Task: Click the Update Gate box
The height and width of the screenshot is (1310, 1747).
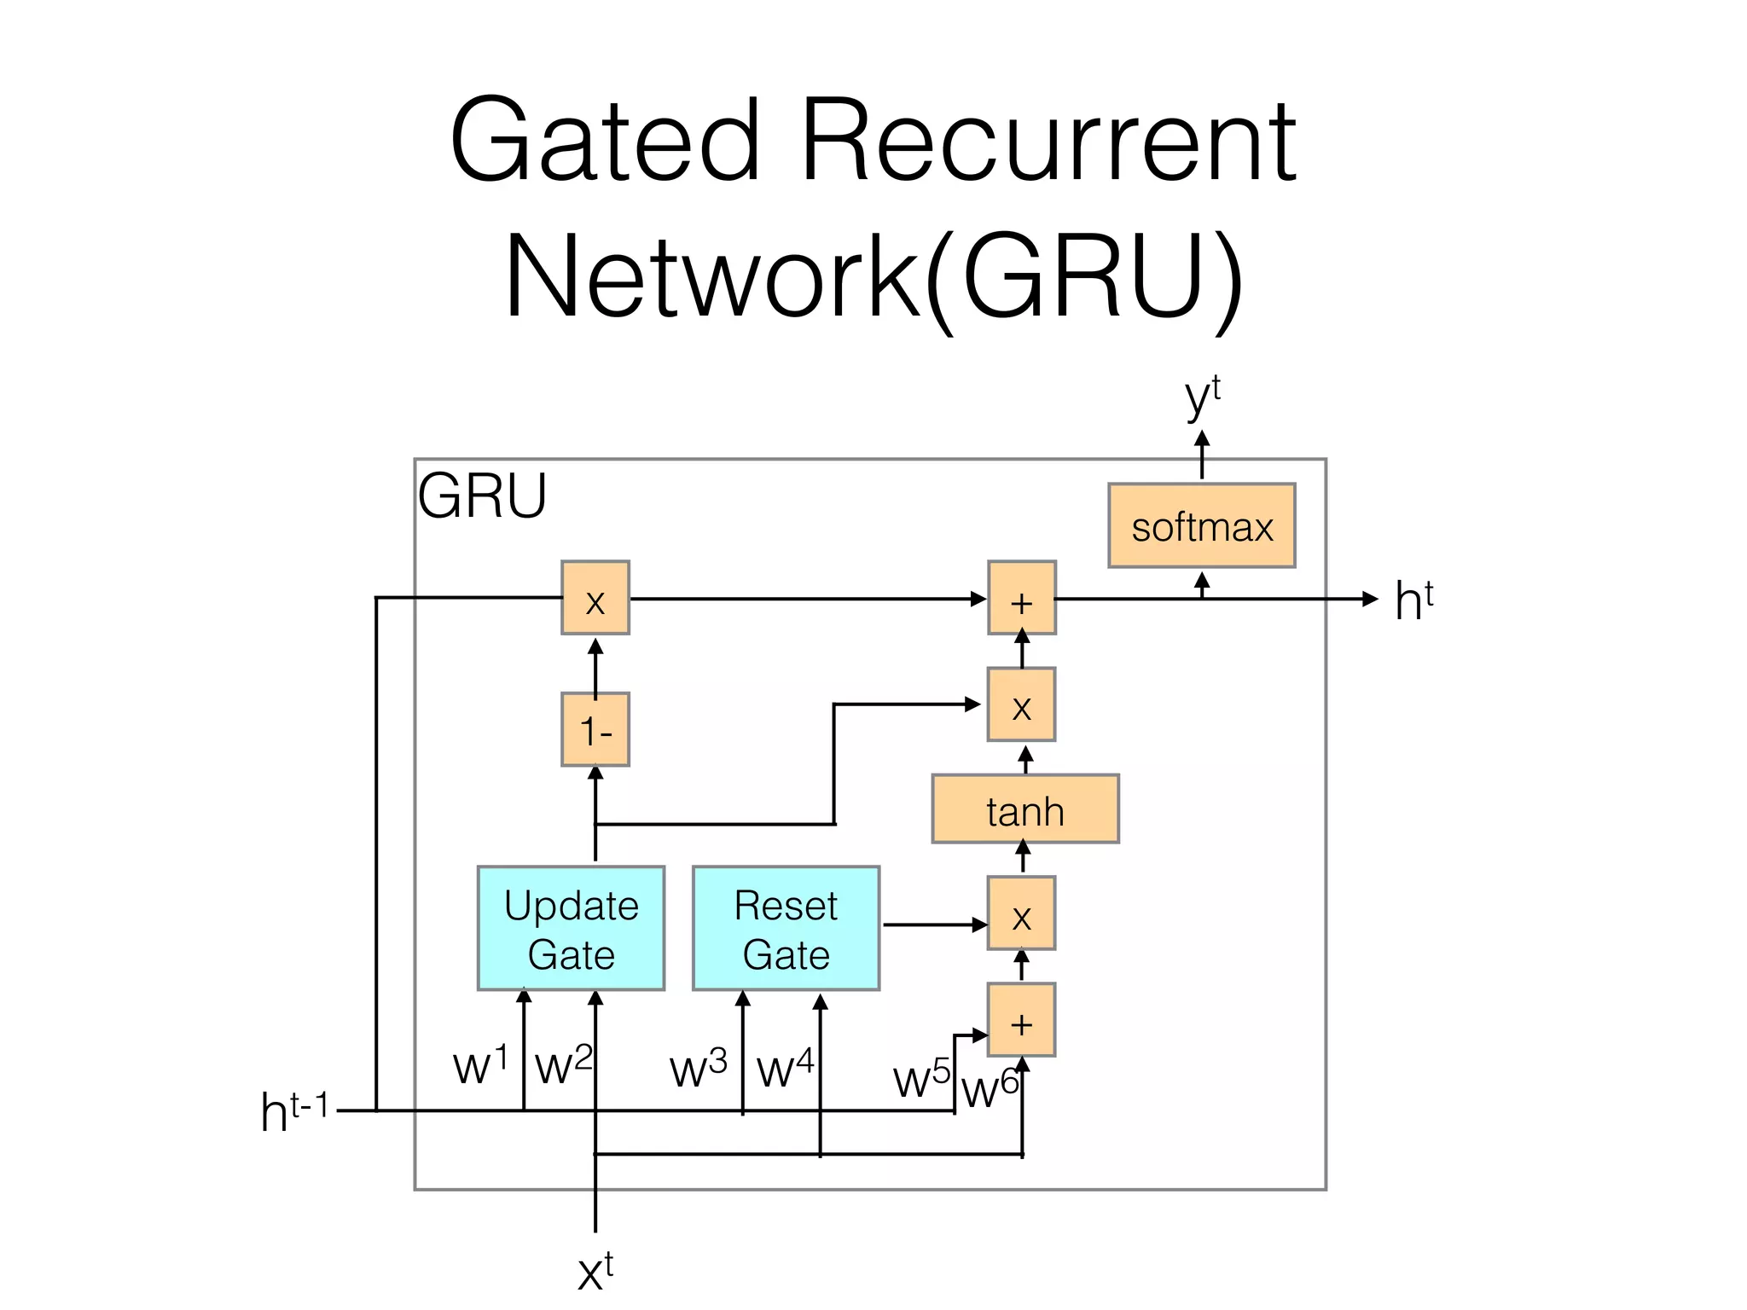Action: point(571,929)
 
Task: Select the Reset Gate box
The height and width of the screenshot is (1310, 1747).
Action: point(786,929)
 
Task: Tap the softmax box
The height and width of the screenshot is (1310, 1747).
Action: point(1201,526)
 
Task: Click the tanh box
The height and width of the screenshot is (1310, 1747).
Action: point(1024,809)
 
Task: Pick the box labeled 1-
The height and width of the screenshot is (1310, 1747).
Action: point(595,730)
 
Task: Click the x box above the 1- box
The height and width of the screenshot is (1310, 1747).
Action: point(595,598)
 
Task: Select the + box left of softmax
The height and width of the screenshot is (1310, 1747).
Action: point(1022,598)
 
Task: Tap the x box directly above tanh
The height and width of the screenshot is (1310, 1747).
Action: point(1022,704)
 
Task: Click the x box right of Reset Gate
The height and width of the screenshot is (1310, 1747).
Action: point(1022,913)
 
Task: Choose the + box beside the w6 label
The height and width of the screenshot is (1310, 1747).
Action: point(1022,1020)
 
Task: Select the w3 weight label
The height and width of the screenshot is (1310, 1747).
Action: point(698,1069)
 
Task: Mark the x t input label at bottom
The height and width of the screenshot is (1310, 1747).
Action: point(595,1272)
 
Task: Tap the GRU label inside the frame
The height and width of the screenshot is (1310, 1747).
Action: point(482,496)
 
